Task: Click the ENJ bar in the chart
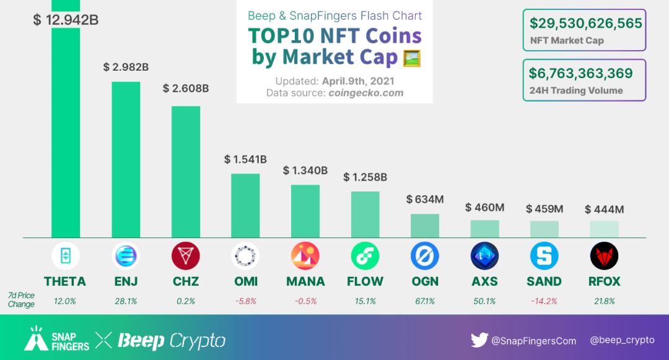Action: click(126, 159)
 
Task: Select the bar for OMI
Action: click(245, 205)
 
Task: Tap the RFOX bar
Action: click(604, 229)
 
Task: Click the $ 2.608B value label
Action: click(186, 89)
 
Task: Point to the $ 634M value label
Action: click(425, 200)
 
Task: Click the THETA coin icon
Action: click(65, 256)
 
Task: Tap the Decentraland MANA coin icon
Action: click(305, 256)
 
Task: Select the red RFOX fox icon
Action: click(604, 256)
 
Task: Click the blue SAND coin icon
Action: click(544, 256)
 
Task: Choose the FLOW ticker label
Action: click(365, 281)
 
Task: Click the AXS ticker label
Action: click(484, 281)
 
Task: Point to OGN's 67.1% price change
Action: click(425, 301)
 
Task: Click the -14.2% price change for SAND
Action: click(544, 301)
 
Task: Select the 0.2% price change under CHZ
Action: click(186, 301)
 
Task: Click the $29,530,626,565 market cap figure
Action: click(585, 24)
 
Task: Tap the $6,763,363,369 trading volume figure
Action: click(580, 74)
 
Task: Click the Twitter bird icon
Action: click(479, 340)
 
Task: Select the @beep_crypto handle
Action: click(622, 340)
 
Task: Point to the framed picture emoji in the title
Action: click(412, 59)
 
